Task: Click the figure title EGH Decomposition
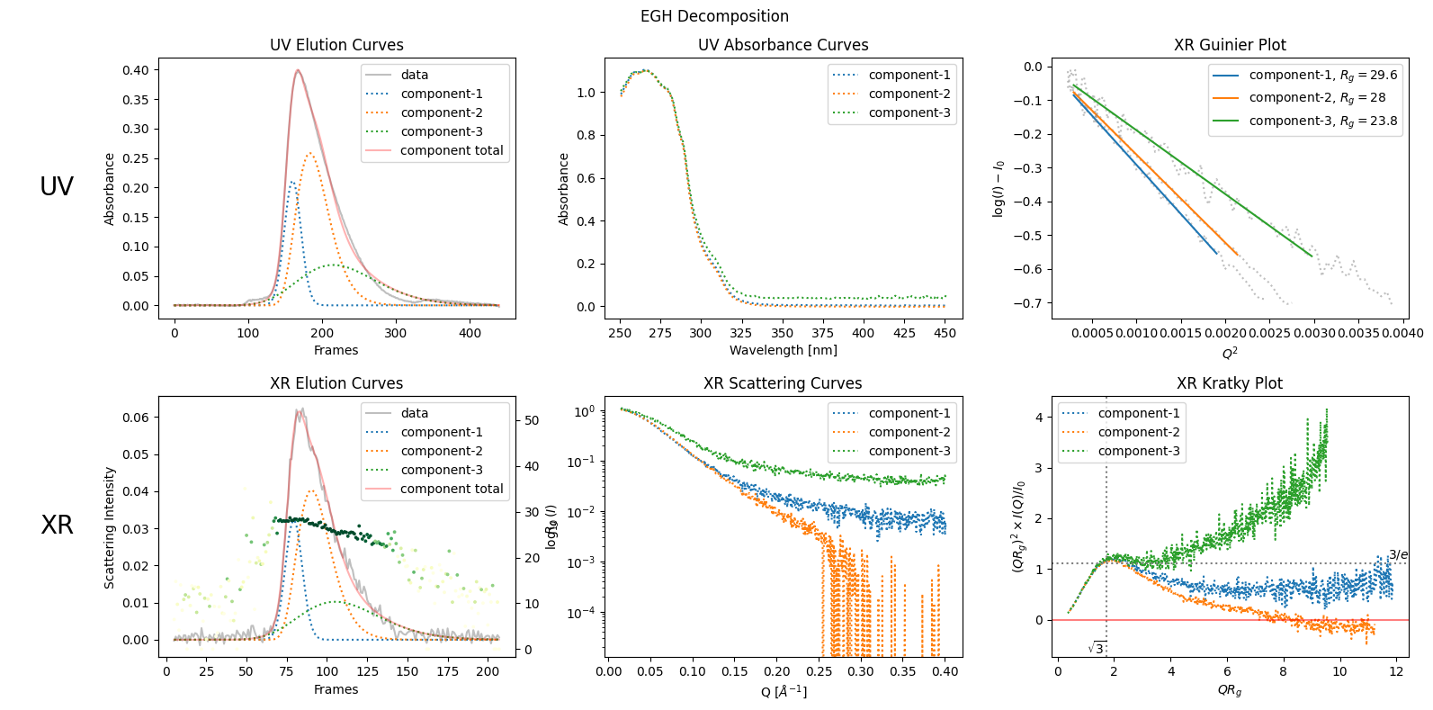[x=714, y=16]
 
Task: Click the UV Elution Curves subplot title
[x=336, y=45]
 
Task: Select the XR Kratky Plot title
[x=1229, y=383]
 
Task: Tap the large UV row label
[x=57, y=186]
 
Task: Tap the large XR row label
[x=57, y=525]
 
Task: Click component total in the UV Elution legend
[x=451, y=150]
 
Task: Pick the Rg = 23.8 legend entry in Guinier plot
[x=1322, y=121]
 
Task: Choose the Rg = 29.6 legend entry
[x=1322, y=75]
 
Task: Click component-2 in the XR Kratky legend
[x=1138, y=432]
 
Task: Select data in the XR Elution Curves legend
[x=414, y=413]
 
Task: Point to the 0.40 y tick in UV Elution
[x=136, y=70]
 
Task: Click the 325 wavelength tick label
[x=741, y=333]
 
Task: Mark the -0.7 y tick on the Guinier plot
[x=1027, y=303]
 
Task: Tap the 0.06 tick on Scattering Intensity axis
[x=136, y=418]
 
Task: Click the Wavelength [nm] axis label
[x=783, y=350]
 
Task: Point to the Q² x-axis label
[x=1229, y=352]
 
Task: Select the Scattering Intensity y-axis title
[x=110, y=527]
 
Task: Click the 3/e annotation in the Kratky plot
[x=1398, y=555]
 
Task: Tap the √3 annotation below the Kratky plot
[x=1096, y=648]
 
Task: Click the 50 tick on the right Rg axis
[x=532, y=420]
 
